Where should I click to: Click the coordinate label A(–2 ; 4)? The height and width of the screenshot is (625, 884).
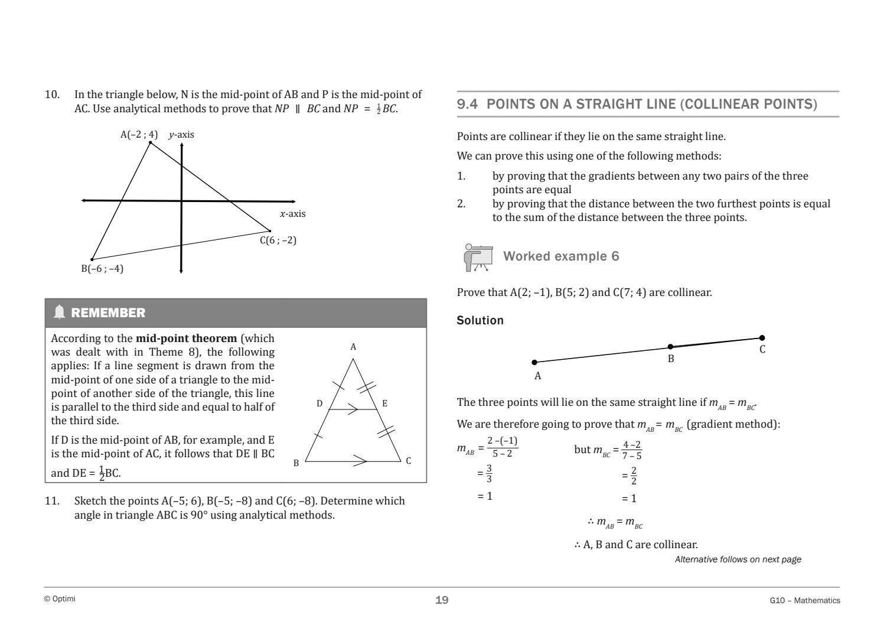click(139, 135)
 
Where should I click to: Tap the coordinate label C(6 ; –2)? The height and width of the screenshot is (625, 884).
click(278, 240)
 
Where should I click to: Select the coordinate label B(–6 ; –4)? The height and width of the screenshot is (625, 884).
click(102, 269)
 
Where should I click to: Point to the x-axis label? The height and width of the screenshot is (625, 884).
click(292, 214)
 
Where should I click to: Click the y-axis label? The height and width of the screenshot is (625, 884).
click(181, 135)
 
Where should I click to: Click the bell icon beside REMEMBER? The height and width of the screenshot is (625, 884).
click(59, 312)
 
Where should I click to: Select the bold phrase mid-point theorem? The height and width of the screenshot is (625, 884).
click(186, 338)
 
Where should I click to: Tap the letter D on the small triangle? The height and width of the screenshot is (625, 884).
click(319, 403)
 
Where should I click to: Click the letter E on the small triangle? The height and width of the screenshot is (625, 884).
click(384, 403)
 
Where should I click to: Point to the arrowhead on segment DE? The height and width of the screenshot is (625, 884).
click(353, 409)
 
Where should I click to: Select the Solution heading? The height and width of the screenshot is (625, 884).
click(480, 320)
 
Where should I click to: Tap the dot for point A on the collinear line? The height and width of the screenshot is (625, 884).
click(534, 362)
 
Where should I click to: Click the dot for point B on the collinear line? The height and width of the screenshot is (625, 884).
click(670, 347)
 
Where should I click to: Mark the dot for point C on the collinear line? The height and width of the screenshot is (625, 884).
click(762, 338)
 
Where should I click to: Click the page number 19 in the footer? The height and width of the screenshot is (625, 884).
click(442, 600)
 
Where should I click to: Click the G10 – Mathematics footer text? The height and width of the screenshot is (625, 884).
click(805, 600)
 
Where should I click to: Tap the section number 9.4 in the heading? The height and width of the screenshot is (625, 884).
click(468, 105)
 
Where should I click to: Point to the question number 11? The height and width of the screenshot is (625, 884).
click(52, 501)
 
